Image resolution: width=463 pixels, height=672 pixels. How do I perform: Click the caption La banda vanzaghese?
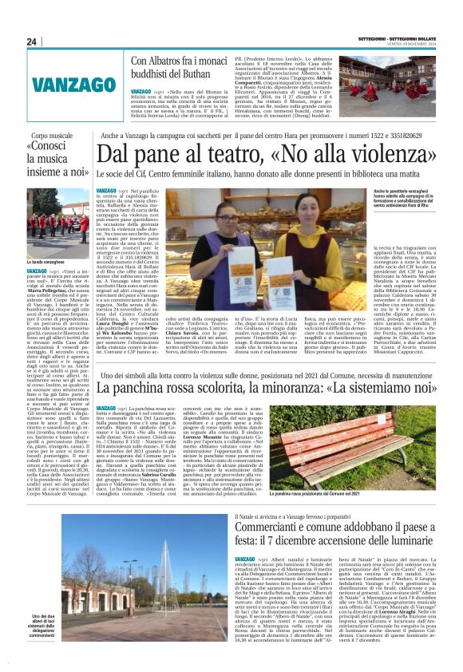point(46,261)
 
